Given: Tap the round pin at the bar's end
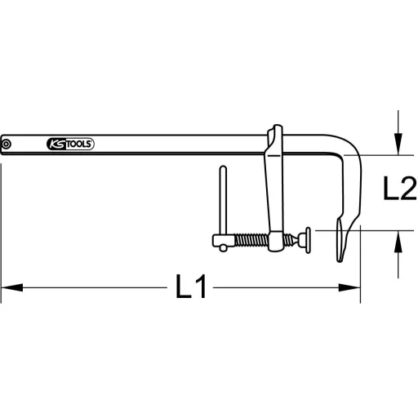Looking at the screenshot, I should click(x=7, y=145).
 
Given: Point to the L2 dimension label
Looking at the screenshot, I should click(x=399, y=192).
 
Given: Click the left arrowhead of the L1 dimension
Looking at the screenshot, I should click(x=7, y=288).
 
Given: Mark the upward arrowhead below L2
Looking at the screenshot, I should click(x=398, y=238).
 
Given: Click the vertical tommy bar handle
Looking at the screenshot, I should click(x=220, y=200).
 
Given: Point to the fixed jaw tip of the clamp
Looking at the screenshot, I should click(x=341, y=245).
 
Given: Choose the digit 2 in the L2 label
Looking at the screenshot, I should click(x=407, y=192).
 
